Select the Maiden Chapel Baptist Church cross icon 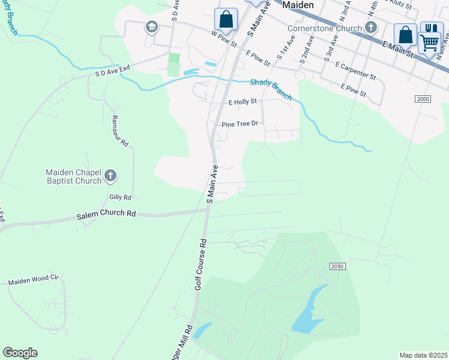tap(110, 176)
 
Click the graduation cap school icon tap(151, 26)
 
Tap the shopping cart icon tap(429, 42)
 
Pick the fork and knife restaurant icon tap(431, 28)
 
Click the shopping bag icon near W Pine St tap(226, 19)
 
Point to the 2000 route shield tap(423, 99)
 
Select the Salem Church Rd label tap(106, 214)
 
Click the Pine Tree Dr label tap(240, 124)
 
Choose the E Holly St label tap(243, 102)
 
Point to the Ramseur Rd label tap(119, 132)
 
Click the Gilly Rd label tap(120, 197)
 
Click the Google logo tap(20, 353)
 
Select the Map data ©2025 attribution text tap(424, 355)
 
